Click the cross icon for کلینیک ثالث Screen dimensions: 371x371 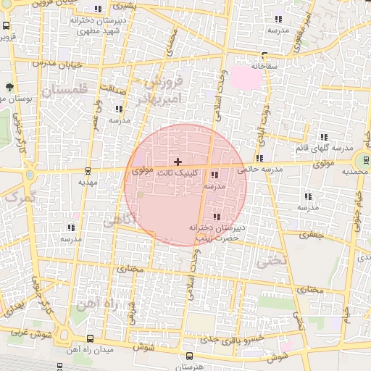pos(178,161)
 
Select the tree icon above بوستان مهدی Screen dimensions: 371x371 pos(9,87)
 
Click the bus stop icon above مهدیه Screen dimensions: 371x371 pos(88,172)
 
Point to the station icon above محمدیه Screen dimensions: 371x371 pos(360,161)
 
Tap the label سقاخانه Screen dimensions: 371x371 pos(264,66)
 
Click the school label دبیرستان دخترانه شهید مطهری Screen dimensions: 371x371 pos(99,26)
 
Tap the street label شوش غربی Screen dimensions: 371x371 pos(28,335)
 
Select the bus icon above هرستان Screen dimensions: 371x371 pos(190,356)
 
